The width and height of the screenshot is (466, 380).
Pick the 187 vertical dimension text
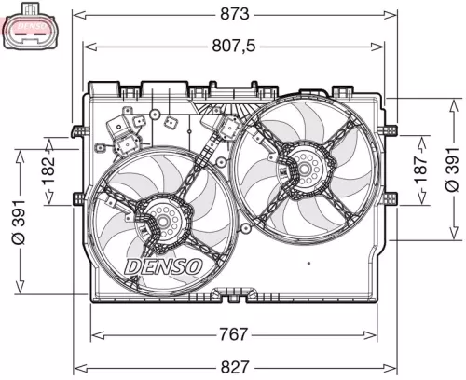420,168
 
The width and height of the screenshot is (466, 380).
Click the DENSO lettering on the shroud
163,266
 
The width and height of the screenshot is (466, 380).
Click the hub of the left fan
164,223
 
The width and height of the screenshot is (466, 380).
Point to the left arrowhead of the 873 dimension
77,15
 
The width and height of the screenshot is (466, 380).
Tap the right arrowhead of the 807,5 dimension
382,44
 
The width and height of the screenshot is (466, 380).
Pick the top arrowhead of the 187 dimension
420,134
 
